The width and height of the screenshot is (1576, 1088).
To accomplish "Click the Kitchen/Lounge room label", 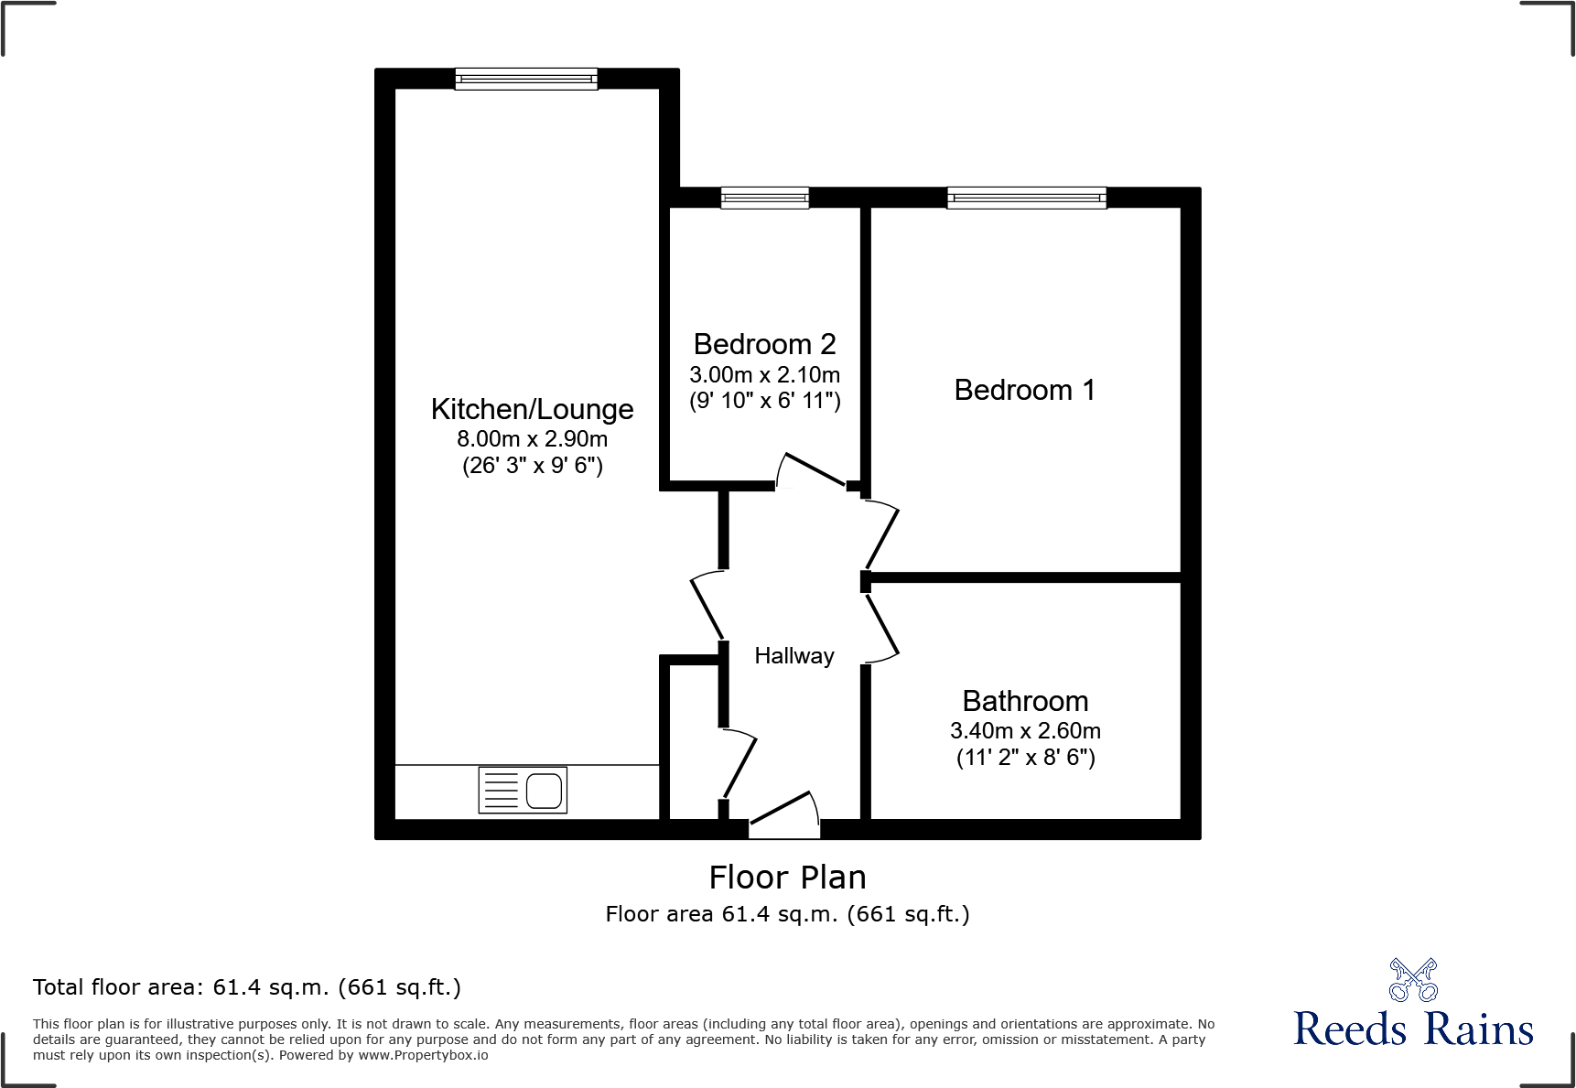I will pos(532,409).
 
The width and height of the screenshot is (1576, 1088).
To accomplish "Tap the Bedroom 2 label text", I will pos(764,344).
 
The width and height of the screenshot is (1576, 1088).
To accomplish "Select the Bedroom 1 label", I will pos(1024,390).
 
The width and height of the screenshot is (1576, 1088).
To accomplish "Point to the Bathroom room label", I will pos(1025,701).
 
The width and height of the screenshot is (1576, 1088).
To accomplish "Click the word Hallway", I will pos(793,656).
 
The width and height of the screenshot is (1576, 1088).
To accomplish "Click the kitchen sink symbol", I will pos(523,790).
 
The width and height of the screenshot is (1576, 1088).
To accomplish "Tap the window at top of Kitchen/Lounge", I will pos(526,80).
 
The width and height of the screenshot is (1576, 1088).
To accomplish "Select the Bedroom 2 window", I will pos(764,198).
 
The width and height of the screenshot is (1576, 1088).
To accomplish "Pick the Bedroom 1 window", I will pos(1026,198).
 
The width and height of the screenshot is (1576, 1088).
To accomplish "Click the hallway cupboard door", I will pos(740,764).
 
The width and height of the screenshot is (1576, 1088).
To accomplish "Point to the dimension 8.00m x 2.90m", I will pos(532,439).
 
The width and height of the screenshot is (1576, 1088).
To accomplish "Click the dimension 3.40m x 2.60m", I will pos(1025,731).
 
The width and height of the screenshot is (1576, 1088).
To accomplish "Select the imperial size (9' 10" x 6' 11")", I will pos(764,401).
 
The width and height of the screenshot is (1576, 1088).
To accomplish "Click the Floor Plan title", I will pos(787,878).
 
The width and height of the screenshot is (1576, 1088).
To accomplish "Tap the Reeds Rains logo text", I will pos(1412,1029).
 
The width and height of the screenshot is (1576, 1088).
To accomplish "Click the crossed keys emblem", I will pos(1413,980).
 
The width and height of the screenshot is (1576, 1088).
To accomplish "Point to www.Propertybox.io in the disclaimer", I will pos(423,1055).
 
